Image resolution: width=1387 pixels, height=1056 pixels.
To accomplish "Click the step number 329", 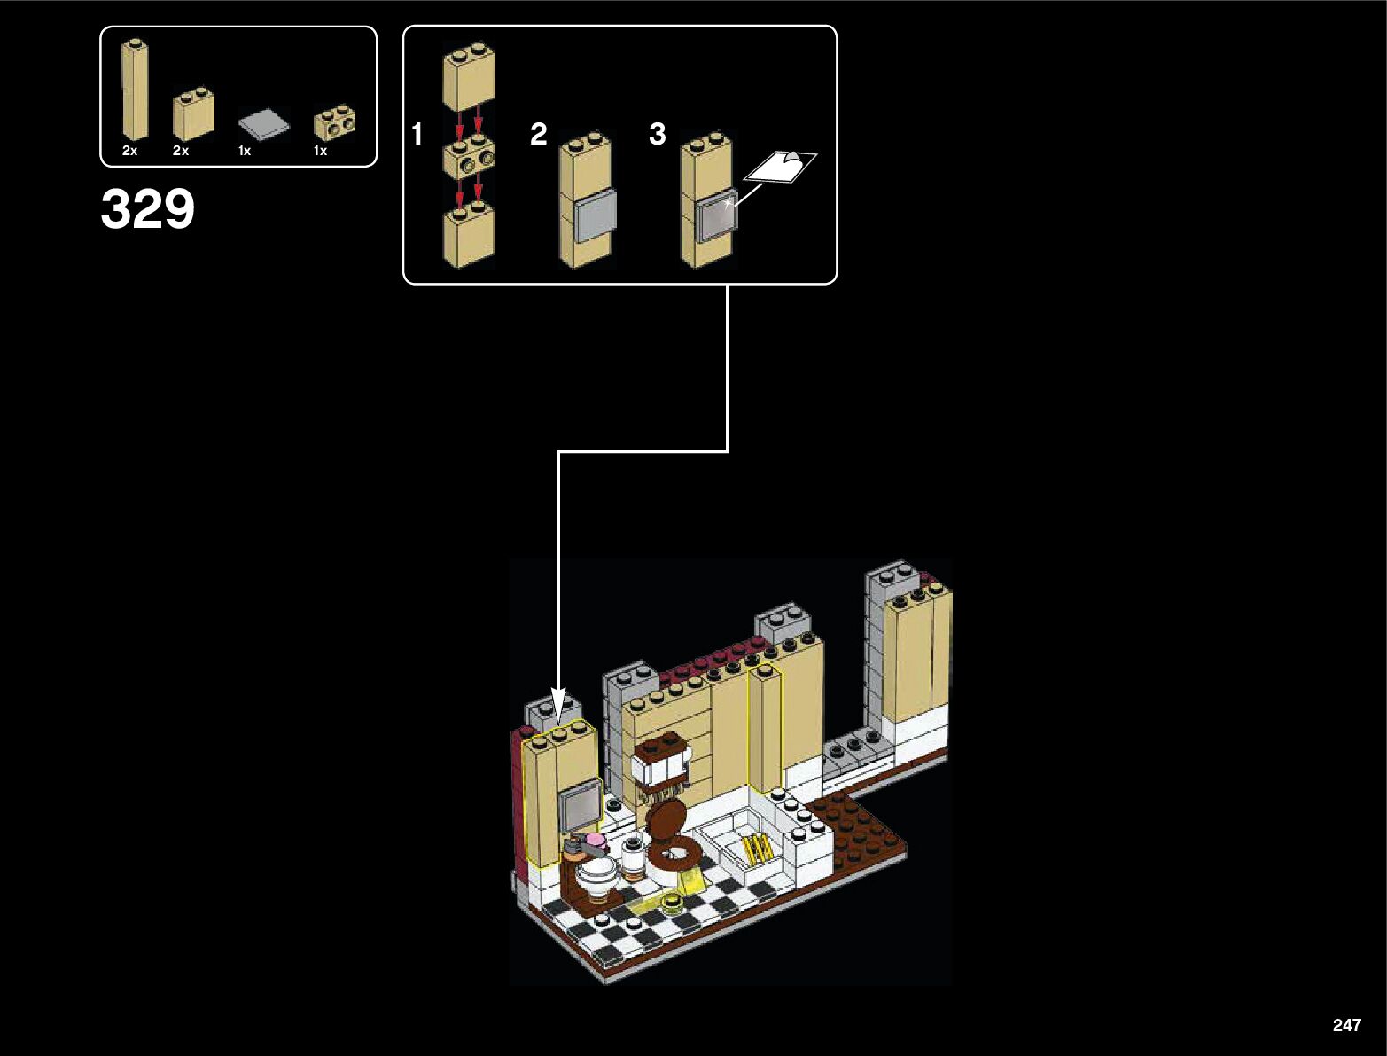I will coord(147,210).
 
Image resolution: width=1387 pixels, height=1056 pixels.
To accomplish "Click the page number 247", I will coord(1345,1025).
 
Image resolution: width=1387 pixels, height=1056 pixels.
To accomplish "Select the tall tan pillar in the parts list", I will coord(135,90).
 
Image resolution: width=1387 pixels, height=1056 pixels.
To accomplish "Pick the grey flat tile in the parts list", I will coord(264,124).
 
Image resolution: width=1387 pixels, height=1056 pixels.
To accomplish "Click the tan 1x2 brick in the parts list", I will coord(193,116).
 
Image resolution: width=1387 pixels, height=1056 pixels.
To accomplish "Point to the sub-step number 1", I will coord(417,135).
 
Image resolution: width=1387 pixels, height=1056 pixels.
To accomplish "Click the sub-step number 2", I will coord(538,135).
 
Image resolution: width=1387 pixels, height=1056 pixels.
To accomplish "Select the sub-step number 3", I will coord(657,135).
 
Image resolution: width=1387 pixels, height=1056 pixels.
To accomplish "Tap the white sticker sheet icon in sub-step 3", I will coord(783,166).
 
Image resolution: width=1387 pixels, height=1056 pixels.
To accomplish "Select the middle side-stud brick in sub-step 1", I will coord(469,158).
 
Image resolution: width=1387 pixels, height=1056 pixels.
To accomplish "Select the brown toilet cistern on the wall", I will coord(659,762).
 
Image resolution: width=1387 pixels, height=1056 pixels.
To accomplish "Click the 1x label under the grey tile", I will coord(245,152).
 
